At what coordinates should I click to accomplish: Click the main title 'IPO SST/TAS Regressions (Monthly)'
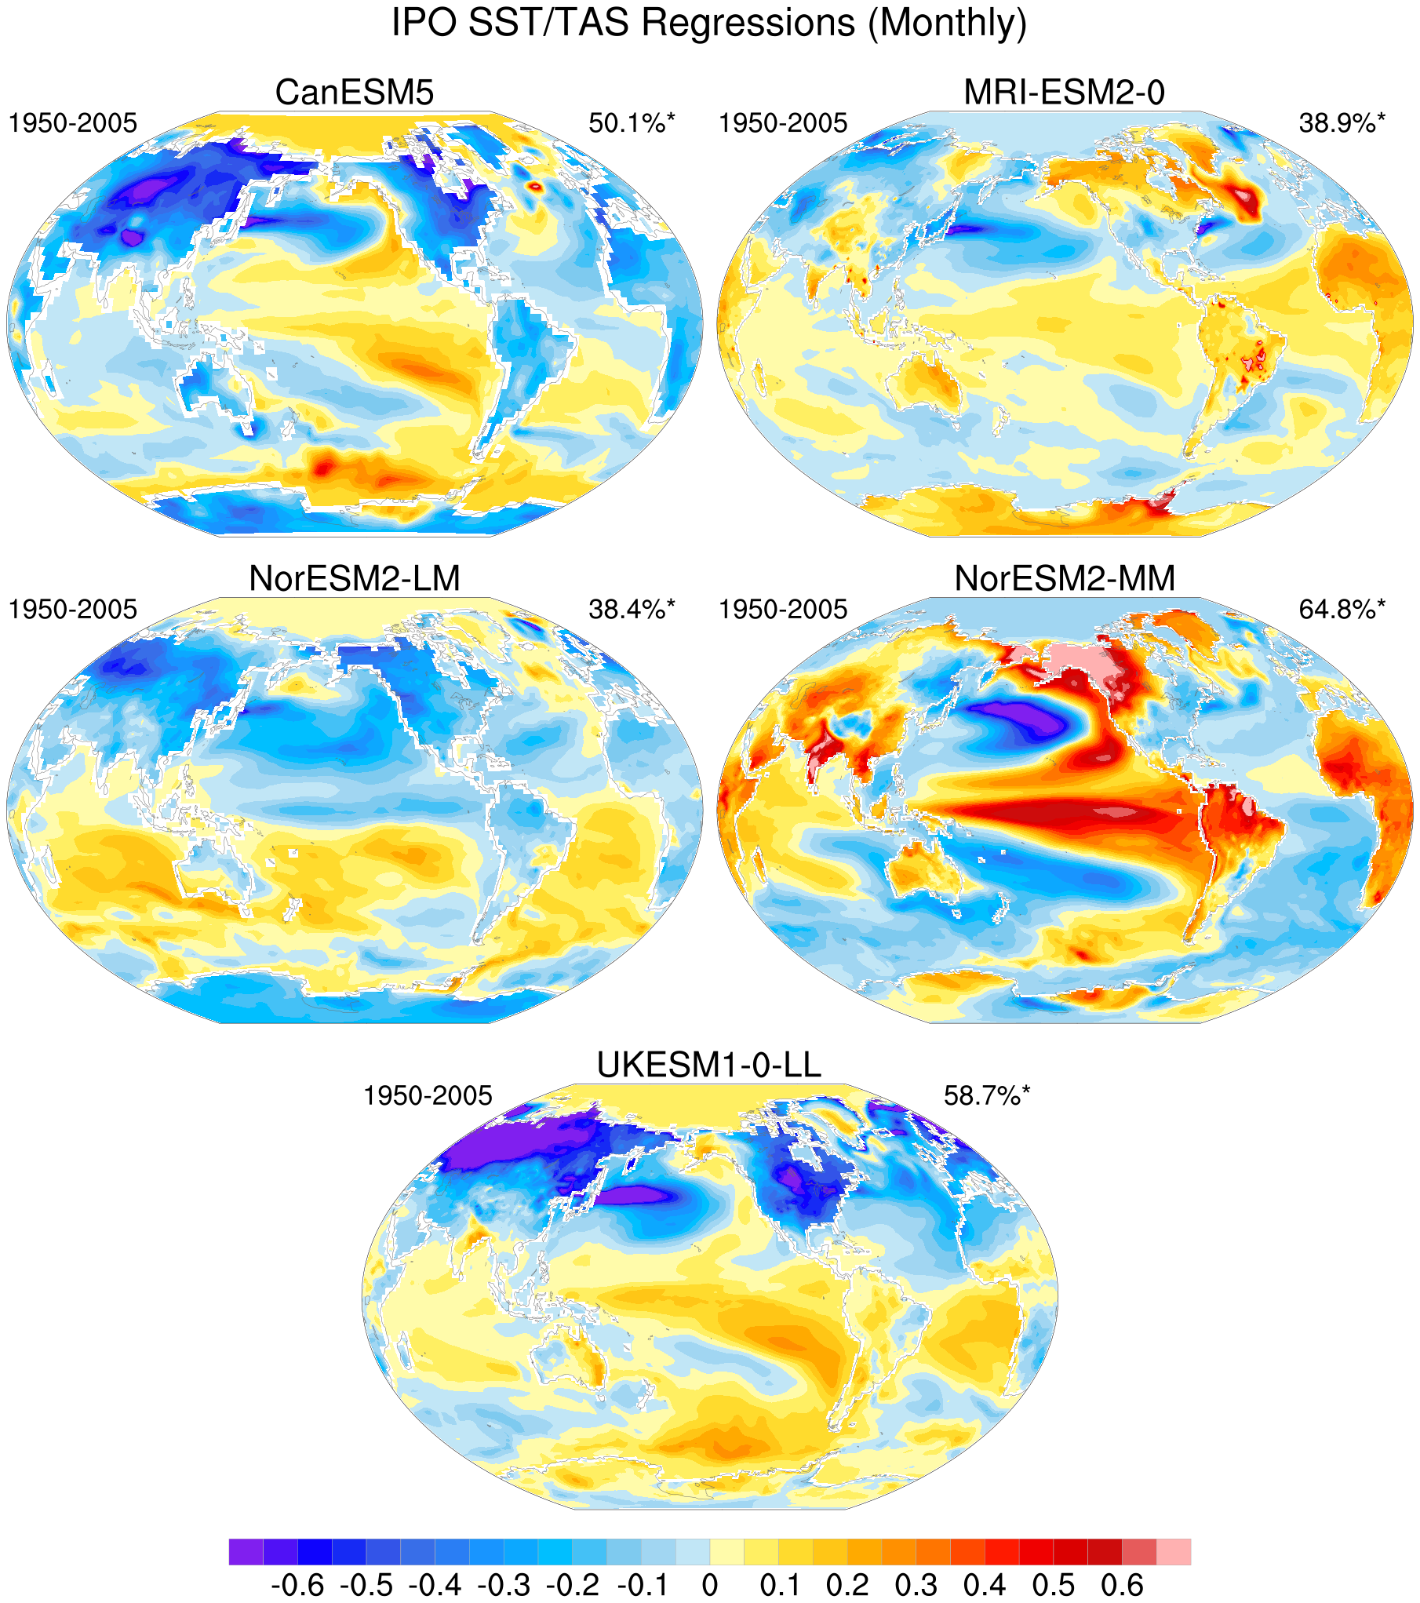pos(709,23)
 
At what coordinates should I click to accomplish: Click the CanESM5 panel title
pos(355,93)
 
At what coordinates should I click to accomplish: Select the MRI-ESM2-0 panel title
pos(1065,93)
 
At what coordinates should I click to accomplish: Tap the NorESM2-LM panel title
pos(355,579)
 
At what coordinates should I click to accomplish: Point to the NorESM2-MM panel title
pos(1065,579)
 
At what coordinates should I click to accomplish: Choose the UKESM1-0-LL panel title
pos(709,1066)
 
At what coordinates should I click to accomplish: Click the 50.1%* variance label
pos(632,123)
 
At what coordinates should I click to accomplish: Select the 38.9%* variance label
pos(1342,123)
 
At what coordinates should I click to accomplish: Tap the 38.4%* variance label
pos(632,610)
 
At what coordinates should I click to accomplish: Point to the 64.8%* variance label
pos(1342,610)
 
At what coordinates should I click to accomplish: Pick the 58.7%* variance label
pos(987,1096)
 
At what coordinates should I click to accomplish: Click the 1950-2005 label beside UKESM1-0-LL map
pos(428,1096)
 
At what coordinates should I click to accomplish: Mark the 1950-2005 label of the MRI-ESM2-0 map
pos(783,123)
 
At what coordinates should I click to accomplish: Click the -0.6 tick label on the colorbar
pos(297,1586)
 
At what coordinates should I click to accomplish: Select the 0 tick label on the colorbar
pos(710,1586)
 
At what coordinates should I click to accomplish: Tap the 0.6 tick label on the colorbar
pos(1122,1586)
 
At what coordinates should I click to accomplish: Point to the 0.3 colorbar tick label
pos(916,1586)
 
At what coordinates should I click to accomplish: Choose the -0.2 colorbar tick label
pos(573,1586)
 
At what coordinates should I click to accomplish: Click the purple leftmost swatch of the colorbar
pos(246,1551)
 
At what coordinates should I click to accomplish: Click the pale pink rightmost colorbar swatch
pos(1174,1551)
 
